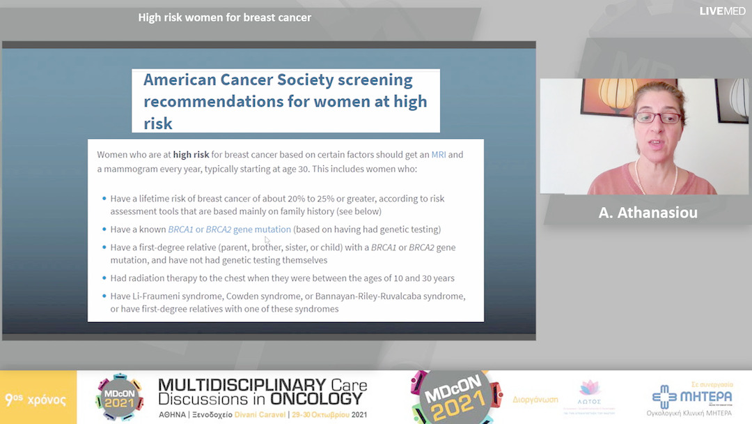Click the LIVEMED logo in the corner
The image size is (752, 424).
pyautogui.click(x=723, y=11)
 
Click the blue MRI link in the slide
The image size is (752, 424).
pyautogui.click(x=439, y=154)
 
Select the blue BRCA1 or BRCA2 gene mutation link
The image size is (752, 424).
pyautogui.click(x=229, y=229)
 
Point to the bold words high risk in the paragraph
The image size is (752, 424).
pyautogui.click(x=191, y=154)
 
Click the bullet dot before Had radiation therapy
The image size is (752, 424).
pyautogui.click(x=104, y=279)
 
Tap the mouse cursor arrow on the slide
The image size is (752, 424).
pyautogui.click(x=267, y=240)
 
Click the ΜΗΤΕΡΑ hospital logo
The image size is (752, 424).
pyautogui.click(x=691, y=397)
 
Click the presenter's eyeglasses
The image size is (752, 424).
pyautogui.click(x=656, y=118)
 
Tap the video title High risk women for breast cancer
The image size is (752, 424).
pyautogui.click(x=224, y=17)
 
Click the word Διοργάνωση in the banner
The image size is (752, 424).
pyautogui.click(x=536, y=400)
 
